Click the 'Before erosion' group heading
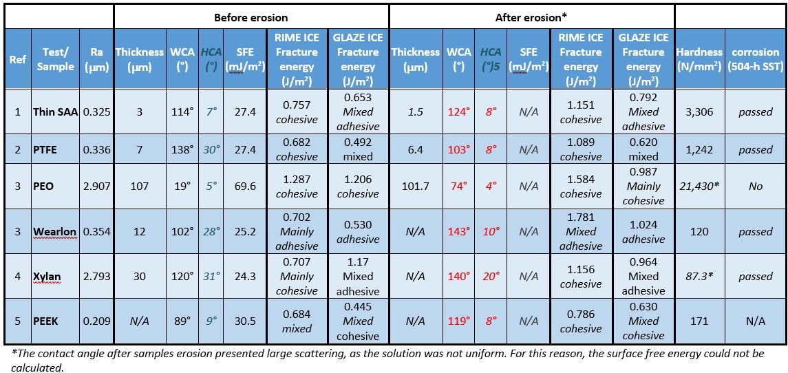click(x=251, y=17)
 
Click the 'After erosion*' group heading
click(x=531, y=17)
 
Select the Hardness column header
click(x=699, y=59)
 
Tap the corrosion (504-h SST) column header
click(x=756, y=59)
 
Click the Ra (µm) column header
click(x=96, y=59)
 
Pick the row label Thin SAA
click(x=55, y=111)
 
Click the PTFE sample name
click(x=46, y=149)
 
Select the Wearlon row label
click(x=55, y=231)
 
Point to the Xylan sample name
click(x=47, y=277)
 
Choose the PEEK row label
click(x=46, y=321)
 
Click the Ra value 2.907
click(x=96, y=186)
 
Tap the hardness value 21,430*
click(x=699, y=186)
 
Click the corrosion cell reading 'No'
click(x=756, y=186)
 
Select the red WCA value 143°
click(x=458, y=231)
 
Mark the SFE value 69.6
click(x=245, y=186)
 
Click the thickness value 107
click(x=140, y=186)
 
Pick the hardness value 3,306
click(x=699, y=111)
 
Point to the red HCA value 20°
click(x=491, y=277)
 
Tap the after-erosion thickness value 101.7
click(x=415, y=186)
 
